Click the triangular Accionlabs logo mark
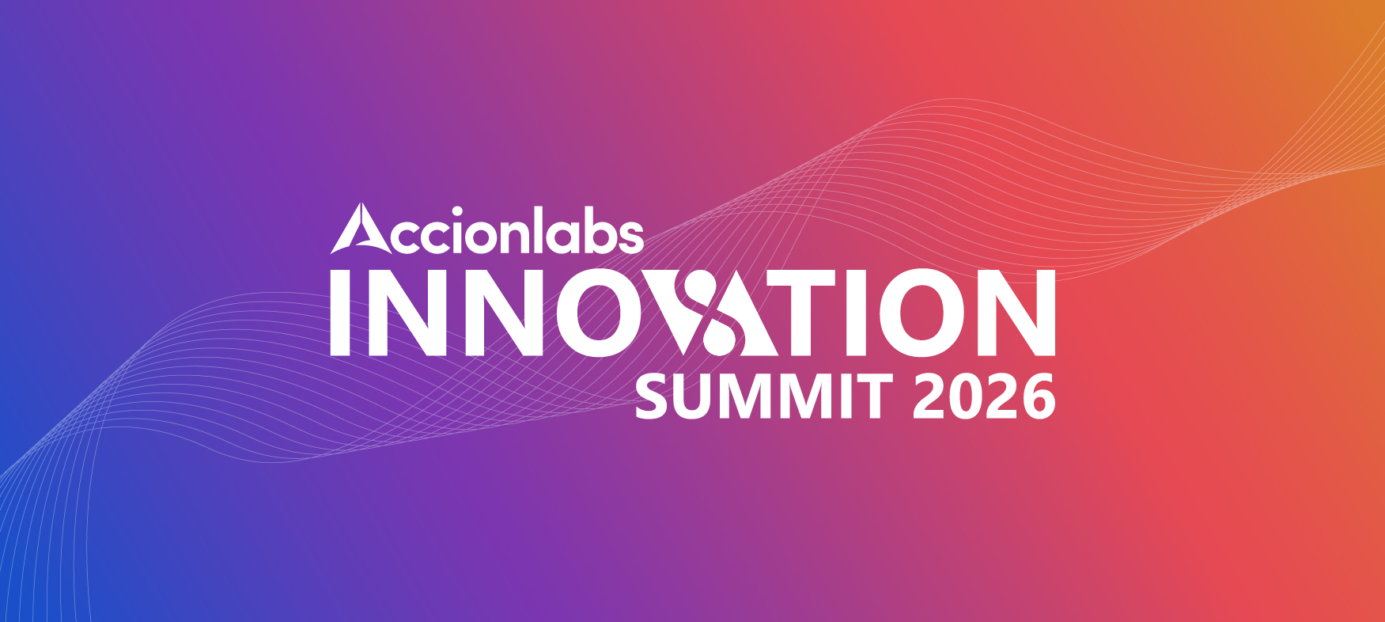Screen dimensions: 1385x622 coord(361,229)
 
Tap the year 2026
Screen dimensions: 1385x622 coord(984,397)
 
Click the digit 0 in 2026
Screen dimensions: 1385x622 coord(966,397)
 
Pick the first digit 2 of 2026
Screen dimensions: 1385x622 coord(929,397)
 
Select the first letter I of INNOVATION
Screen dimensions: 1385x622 coord(340,312)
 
